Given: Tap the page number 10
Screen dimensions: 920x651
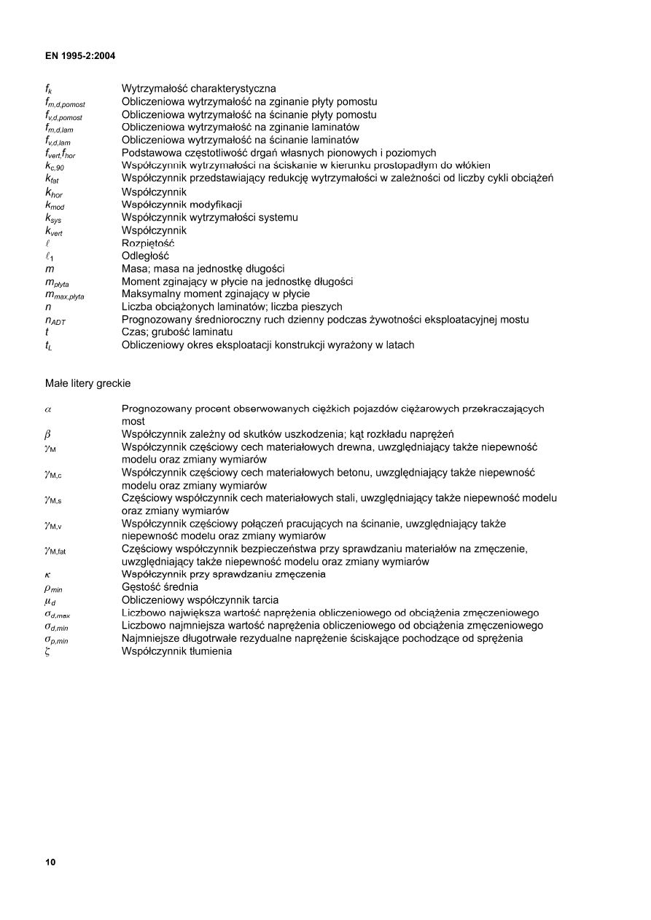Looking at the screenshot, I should pos(50,862).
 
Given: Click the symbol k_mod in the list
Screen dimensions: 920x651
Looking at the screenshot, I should pos(55,205).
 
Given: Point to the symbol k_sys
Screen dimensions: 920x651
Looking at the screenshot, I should pos(53,218).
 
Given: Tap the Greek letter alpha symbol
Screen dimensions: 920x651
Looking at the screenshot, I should pos(47,409).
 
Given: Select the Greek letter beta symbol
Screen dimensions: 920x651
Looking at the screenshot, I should pos(47,435).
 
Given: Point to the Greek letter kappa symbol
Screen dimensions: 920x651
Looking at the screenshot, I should pos(47,575).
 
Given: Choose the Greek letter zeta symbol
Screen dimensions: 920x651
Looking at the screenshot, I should pos(47,651).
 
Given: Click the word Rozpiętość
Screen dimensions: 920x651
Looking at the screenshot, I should pos(148,243).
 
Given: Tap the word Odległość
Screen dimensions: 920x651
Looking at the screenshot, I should pos(145,256).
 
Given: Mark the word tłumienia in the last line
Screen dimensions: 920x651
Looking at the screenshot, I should pos(208,651).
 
